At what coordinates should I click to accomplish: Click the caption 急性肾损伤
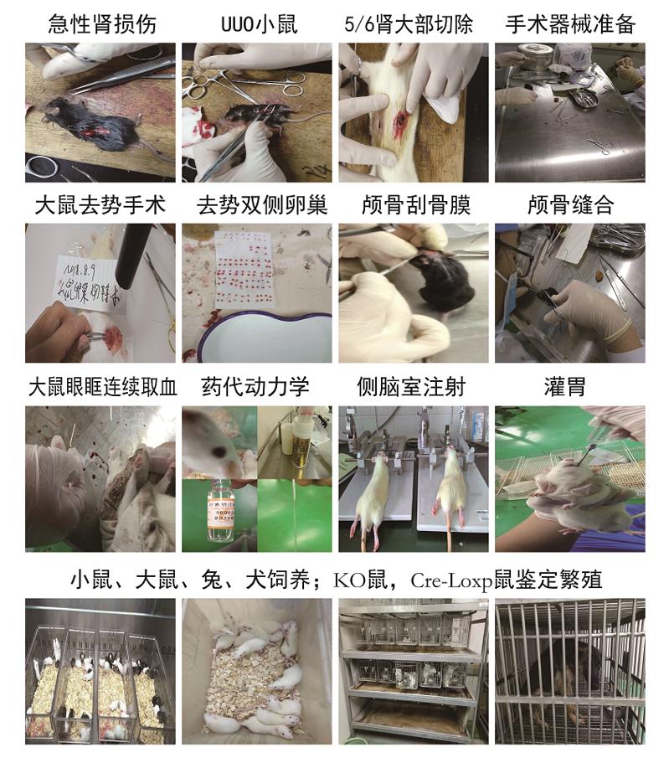100,23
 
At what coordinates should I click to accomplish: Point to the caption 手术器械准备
570,23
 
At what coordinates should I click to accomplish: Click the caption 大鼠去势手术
100,205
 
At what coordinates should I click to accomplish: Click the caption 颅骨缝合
570,205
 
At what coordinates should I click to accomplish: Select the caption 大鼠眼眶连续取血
100,387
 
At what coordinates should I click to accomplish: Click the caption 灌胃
570,387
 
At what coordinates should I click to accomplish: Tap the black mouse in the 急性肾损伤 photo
84,121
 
